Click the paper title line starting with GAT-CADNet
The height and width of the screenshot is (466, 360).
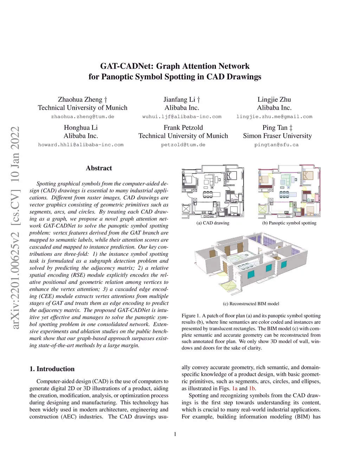[x=175, y=66]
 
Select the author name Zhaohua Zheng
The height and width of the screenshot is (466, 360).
[x=80, y=100]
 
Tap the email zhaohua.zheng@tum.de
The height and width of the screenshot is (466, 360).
[x=83, y=117]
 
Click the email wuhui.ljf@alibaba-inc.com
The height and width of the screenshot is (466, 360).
[x=182, y=117]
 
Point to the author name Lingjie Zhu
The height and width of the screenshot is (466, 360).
[x=274, y=100]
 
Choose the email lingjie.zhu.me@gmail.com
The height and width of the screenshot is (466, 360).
[x=274, y=117]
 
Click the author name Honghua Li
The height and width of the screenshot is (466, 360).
[x=81, y=128]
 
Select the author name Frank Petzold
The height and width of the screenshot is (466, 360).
[x=183, y=128]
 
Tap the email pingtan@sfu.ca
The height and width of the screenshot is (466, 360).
[x=276, y=145]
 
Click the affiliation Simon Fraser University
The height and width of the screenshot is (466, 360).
[x=277, y=136]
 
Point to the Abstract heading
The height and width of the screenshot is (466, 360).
[x=99, y=168]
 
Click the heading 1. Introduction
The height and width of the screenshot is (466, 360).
[x=52, y=369]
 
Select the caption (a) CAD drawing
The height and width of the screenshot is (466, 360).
[x=213, y=223]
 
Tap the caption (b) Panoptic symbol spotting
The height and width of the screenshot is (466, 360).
[x=289, y=223]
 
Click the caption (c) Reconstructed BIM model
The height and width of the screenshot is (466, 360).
[x=251, y=304]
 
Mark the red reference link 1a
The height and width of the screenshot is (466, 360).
[x=235, y=389]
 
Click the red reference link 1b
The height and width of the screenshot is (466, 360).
[x=252, y=389]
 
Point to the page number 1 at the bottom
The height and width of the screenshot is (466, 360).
[x=175, y=434]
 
